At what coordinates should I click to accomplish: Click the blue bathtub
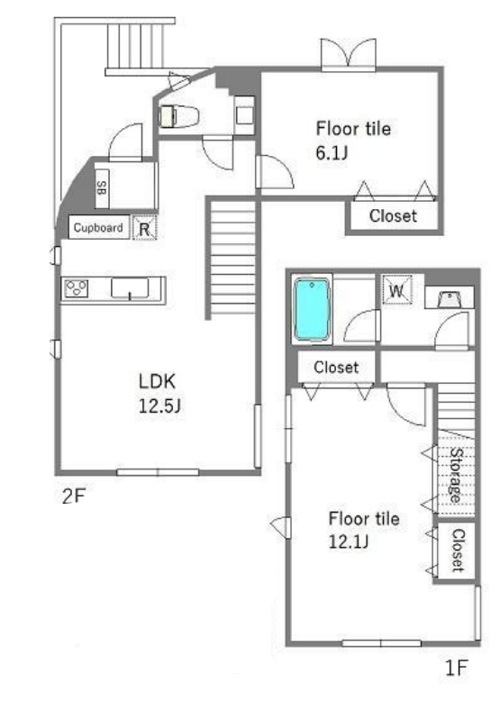pos(312,309)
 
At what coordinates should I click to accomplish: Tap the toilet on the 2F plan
pos(178,116)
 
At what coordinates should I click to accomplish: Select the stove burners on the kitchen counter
pos(76,288)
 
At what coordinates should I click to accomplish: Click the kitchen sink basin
pos(130,288)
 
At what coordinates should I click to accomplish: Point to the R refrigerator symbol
pos(144,228)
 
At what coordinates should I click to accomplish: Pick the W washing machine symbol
pos(397,290)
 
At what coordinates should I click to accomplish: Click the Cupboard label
pos(98,227)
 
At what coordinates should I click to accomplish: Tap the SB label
pos(102,188)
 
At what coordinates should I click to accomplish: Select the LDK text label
pos(157,381)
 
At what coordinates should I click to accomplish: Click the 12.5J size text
pos(159,405)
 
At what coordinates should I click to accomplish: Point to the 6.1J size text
pos(332,152)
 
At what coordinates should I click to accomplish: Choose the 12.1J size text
pos(349,542)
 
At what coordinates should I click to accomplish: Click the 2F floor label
pos(73,496)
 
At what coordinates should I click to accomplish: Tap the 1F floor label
pos(456,668)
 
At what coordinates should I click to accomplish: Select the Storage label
pos(456,475)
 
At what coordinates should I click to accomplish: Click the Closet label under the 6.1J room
pos(393,215)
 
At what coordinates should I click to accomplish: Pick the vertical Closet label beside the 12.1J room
pos(458,551)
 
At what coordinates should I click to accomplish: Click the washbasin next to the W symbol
pos(450,299)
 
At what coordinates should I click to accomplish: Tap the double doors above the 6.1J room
pos(349,54)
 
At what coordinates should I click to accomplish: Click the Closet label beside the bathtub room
pos(336,368)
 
